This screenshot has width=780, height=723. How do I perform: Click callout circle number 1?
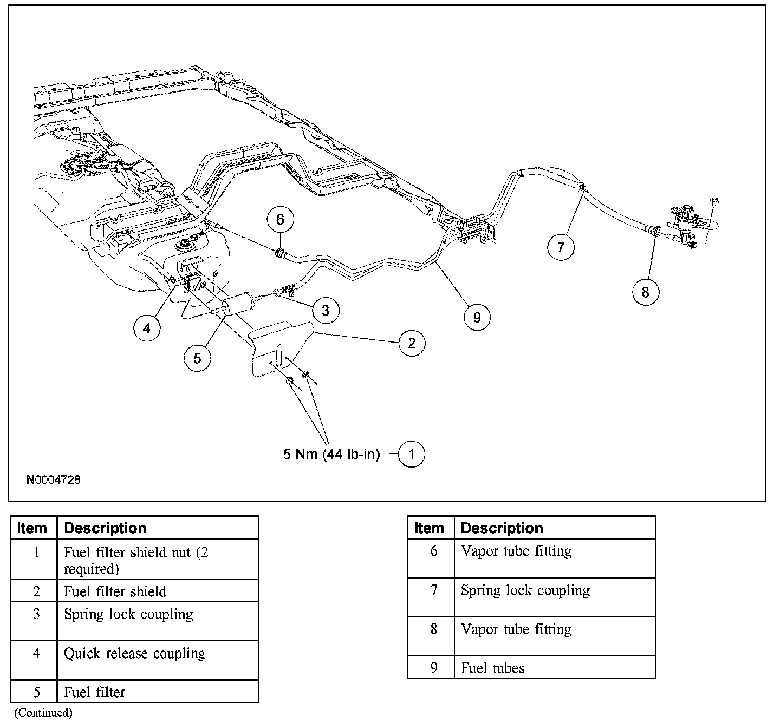pyautogui.click(x=411, y=454)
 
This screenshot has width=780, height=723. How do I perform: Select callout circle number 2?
pyautogui.click(x=412, y=343)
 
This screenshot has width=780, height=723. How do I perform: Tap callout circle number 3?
pyautogui.click(x=325, y=310)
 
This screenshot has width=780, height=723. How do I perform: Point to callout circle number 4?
pyautogui.click(x=147, y=327)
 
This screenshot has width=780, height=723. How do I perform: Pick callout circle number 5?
pyautogui.click(x=197, y=358)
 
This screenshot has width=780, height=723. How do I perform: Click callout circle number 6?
pyautogui.click(x=279, y=220)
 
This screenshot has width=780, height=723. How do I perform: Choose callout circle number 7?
pyautogui.click(x=560, y=247)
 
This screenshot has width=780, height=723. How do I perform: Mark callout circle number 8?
pyautogui.click(x=645, y=292)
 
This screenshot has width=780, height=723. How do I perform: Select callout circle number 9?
pyautogui.click(x=477, y=317)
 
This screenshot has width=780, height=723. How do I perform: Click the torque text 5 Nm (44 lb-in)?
pyautogui.click(x=331, y=454)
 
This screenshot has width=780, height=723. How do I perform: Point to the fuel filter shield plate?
pyautogui.click(x=282, y=346)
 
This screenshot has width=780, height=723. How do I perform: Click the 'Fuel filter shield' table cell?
pyautogui.click(x=115, y=591)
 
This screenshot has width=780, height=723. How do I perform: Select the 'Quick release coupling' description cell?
pyautogui.click(x=134, y=654)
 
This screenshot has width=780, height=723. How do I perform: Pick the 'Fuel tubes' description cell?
pyautogui.click(x=492, y=668)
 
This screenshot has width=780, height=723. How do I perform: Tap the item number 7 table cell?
pyautogui.click(x=433, y=590)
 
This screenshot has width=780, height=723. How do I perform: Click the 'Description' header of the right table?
pyautogui.click(x=502, y=528)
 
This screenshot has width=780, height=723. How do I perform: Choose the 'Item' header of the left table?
pyautogui.click(x=32, y=528)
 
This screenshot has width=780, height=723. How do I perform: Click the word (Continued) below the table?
pyautogui.click(x=43, y=713)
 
